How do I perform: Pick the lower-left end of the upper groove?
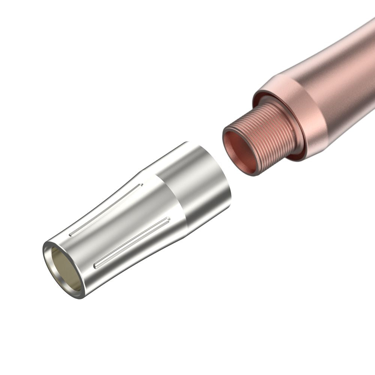[71, 235]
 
